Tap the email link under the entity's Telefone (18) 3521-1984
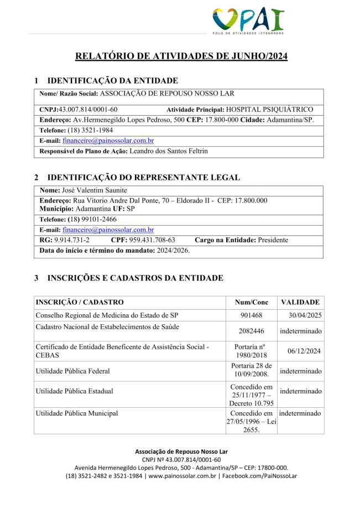pyautogui.click(x=108, y=141)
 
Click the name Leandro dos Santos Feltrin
pyautogui.click(x=169, y=151)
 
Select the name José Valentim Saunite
pyautogui.click(x=94, y=190)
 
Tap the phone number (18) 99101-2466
pyautogui.click(x=88, y=220)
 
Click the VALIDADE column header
pyautogui.click(x=300, y=303)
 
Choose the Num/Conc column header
pyautogui.click(x=251, y=303)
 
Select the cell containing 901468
pyautogui.click(x=251, y=315)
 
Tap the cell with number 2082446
pyautogui.click(x=251, y=331)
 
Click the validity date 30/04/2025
pyautogui.click(x=304, y=315)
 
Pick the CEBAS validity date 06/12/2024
pyautogui.click(x=304, y=351)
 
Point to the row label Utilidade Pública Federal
pyautogui.click(x=72, y=371)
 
